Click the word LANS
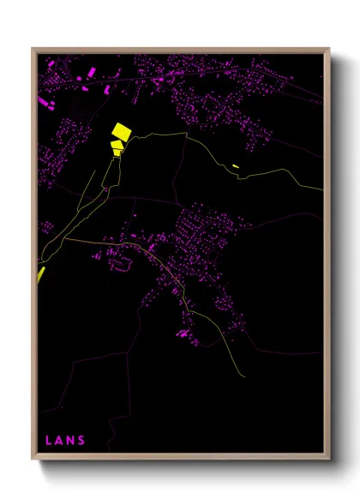(x=65, y=441)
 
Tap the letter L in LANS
(x=49, y=441)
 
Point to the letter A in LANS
(x=59, y=441)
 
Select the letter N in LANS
(x=70, y=441)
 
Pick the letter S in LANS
(x=81, y=441)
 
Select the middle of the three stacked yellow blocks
(x=117, y=144)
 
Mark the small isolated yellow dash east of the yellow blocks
(x=236, y=165)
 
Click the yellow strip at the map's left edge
(x=39, y=273)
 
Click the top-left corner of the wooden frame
(x=33, y=49)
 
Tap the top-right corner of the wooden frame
(x=329, y=49)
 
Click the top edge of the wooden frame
(x=180, y=50)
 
